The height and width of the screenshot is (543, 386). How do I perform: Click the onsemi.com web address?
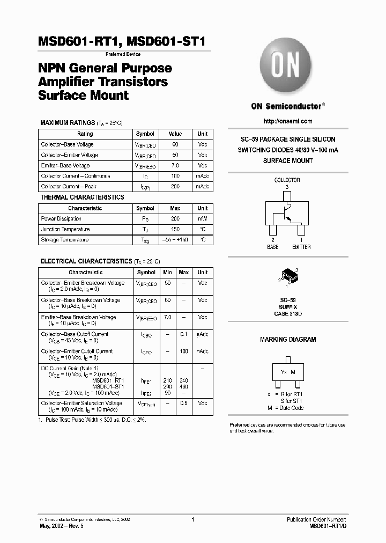tap(288, 121)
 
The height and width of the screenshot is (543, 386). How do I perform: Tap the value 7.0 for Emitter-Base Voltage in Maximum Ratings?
tap(175, 166)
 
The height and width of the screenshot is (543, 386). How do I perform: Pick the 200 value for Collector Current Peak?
tap(175, 187)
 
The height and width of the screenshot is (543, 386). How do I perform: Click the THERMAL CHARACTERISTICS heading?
tap(82, 197)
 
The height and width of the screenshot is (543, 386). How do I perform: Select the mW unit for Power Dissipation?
tap(202, 219)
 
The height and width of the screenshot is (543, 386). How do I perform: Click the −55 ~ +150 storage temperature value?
tap(175, 240)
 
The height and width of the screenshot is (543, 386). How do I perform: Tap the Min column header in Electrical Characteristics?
tap(167, 273)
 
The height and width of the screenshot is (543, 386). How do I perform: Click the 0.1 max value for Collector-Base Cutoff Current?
tap(184, 334)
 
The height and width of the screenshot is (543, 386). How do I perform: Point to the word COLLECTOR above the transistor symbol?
tap(287, 180)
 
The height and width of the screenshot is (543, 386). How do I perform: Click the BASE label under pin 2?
tap(273, 247)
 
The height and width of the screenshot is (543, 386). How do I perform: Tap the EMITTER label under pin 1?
tap(301, 247)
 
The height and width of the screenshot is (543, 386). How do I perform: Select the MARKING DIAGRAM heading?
tap(288, 340)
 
